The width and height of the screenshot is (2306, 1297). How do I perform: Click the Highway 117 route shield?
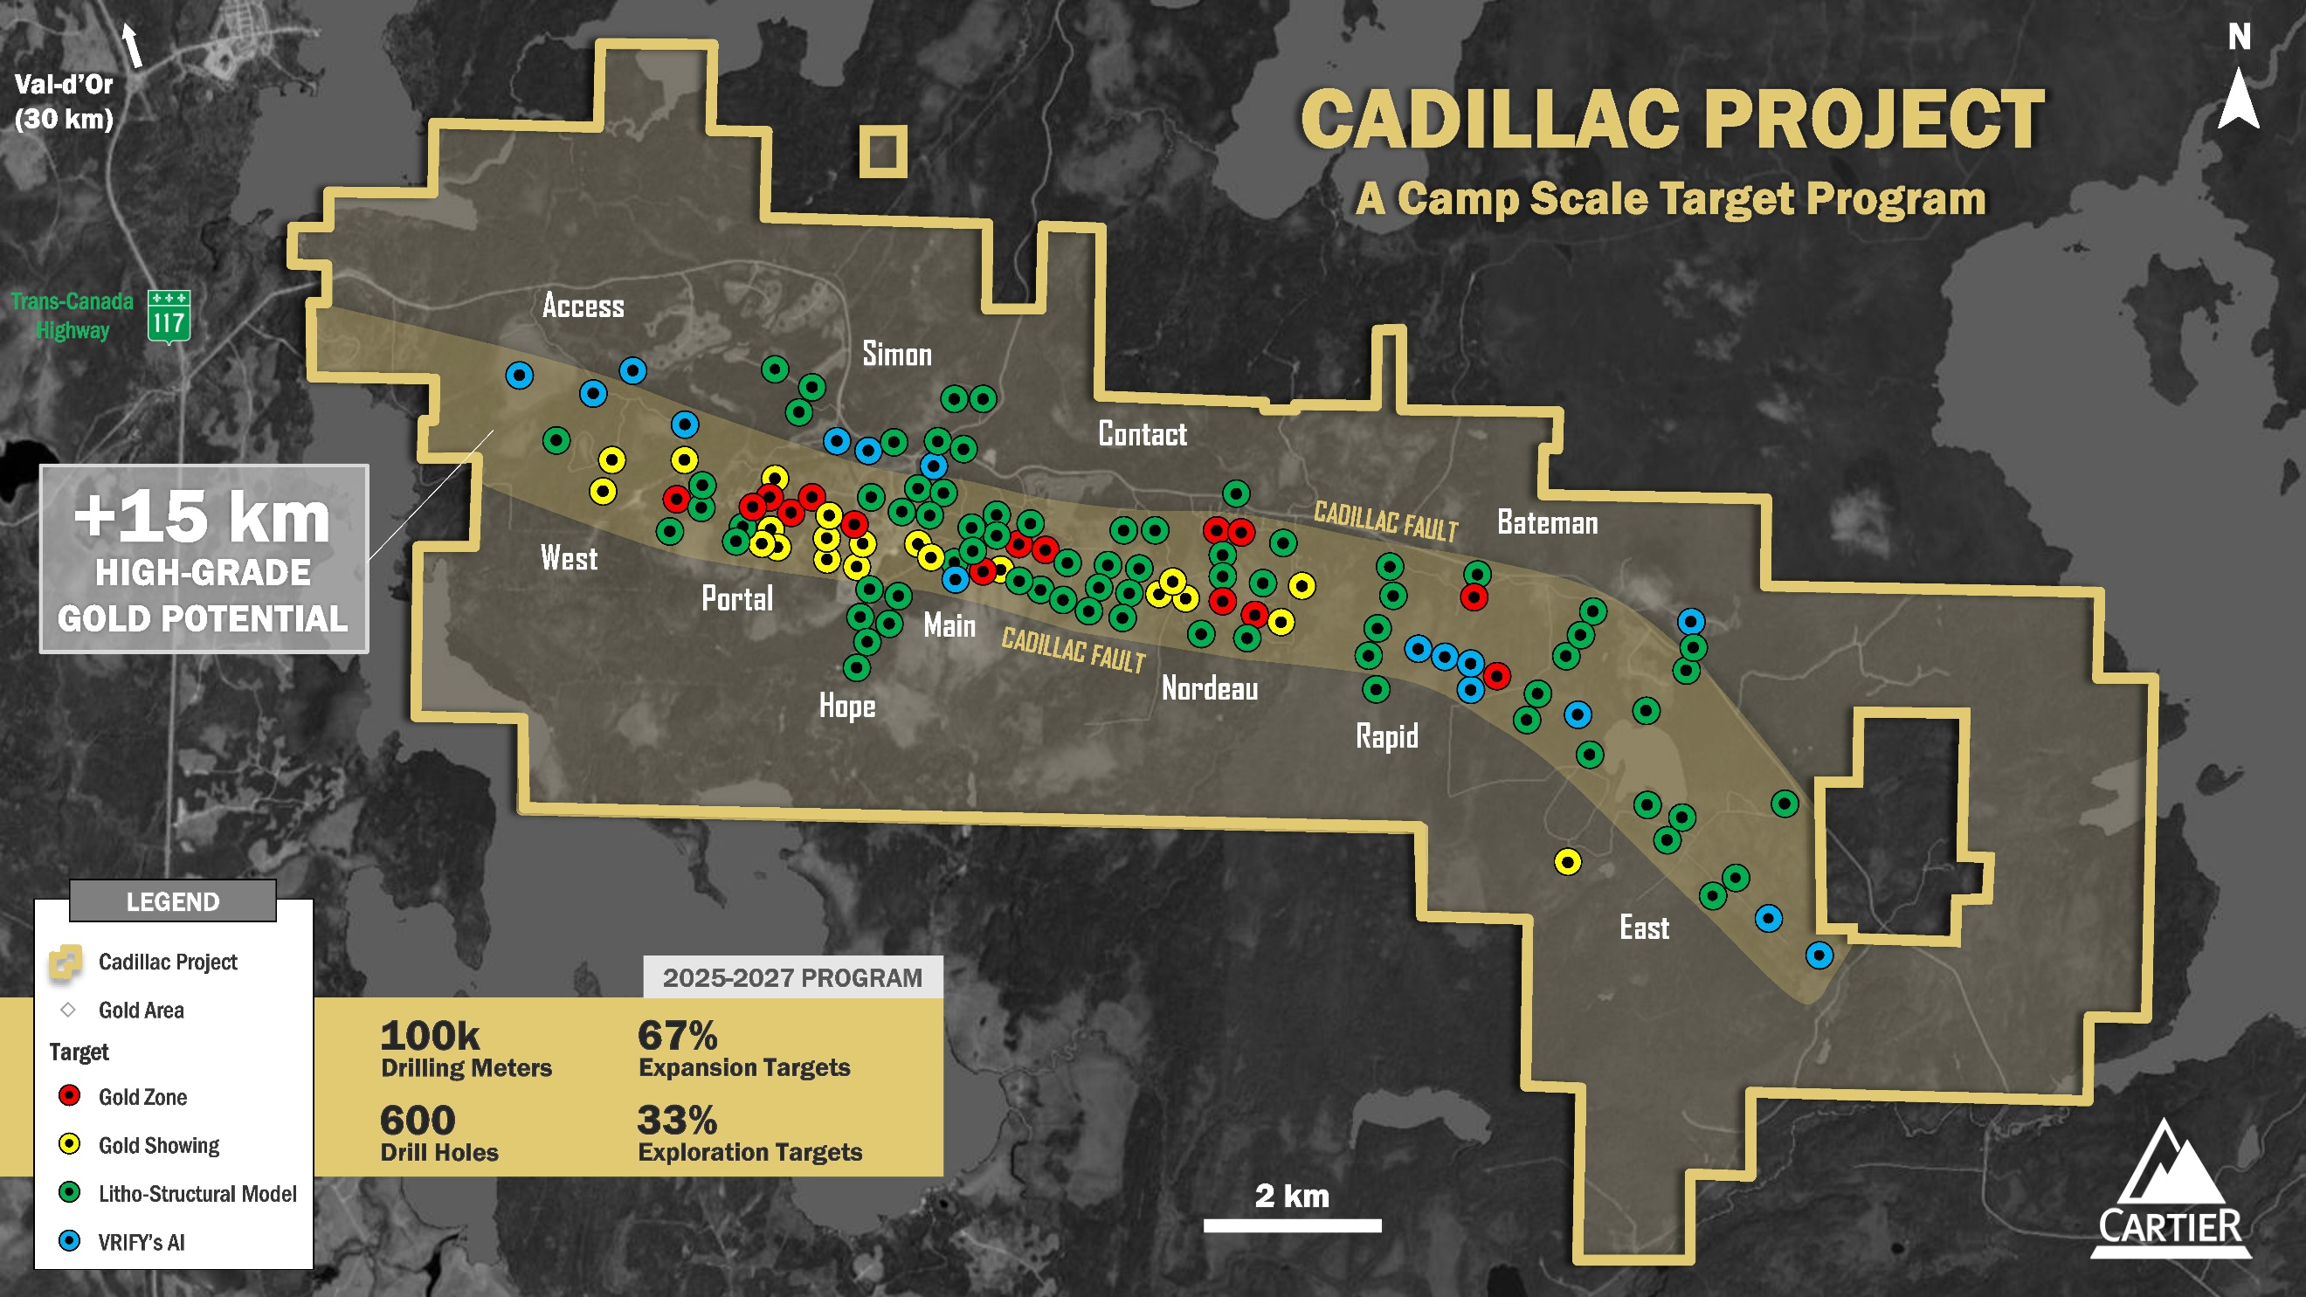click(169, 316)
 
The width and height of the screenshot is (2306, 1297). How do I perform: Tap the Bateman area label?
click(1547, 523)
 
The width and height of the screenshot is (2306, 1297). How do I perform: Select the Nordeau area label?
click(1209, 688)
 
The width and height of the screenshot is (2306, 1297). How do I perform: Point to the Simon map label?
click(896, 355)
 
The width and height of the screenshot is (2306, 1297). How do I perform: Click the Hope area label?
click(847, 707)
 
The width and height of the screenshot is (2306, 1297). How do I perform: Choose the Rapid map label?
click(1386, 736)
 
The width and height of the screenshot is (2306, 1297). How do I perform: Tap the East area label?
click(1644, 928)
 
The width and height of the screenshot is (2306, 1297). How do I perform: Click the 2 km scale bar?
click(1291, 1225)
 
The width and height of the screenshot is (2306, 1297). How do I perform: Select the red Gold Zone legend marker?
click(69, 1095)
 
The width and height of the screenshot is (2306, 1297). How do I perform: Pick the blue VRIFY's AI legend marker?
click(69, 1240)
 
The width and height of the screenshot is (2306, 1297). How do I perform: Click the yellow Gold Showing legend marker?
click(69, 1144)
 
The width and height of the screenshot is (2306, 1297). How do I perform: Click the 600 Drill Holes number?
click(418, 1120)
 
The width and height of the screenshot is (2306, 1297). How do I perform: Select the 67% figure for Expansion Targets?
click(677, 1036)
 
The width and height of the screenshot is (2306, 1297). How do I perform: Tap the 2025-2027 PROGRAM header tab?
click(792, 977)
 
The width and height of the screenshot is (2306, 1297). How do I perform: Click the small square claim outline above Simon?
click(882, 150)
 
